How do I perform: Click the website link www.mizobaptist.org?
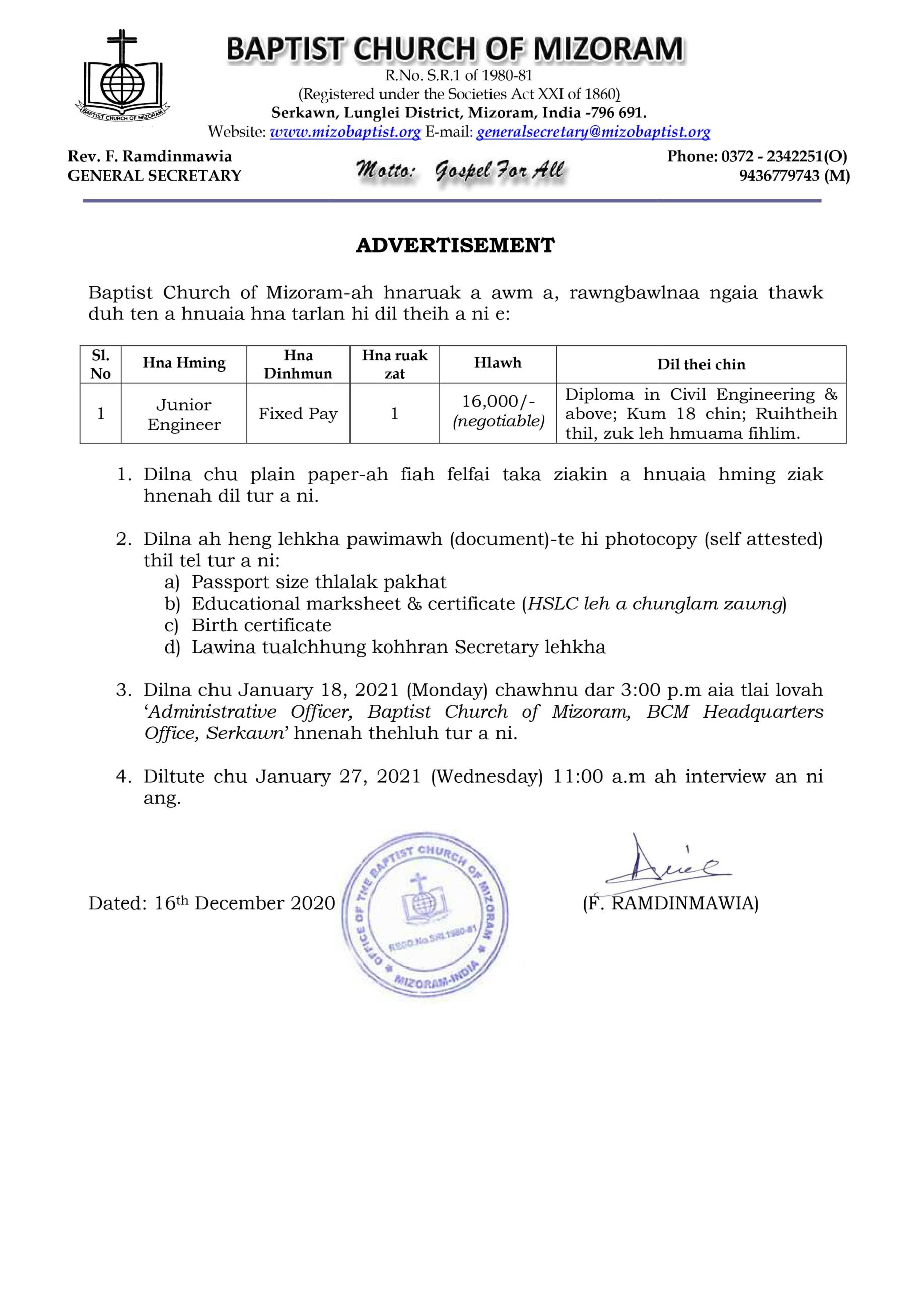345,132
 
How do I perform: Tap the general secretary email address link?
593,132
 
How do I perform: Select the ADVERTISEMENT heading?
455,245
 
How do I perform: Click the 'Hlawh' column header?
498,363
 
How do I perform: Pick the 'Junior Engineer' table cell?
184,415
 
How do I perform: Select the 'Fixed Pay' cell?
298,414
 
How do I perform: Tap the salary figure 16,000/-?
498,401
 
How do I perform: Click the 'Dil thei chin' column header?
701,365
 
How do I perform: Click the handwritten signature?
668,869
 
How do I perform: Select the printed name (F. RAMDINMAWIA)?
671,904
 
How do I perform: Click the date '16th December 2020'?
245,903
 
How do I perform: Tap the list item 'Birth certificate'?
261,625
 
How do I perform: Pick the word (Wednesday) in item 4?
486,777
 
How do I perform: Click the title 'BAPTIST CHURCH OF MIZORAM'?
455,49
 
